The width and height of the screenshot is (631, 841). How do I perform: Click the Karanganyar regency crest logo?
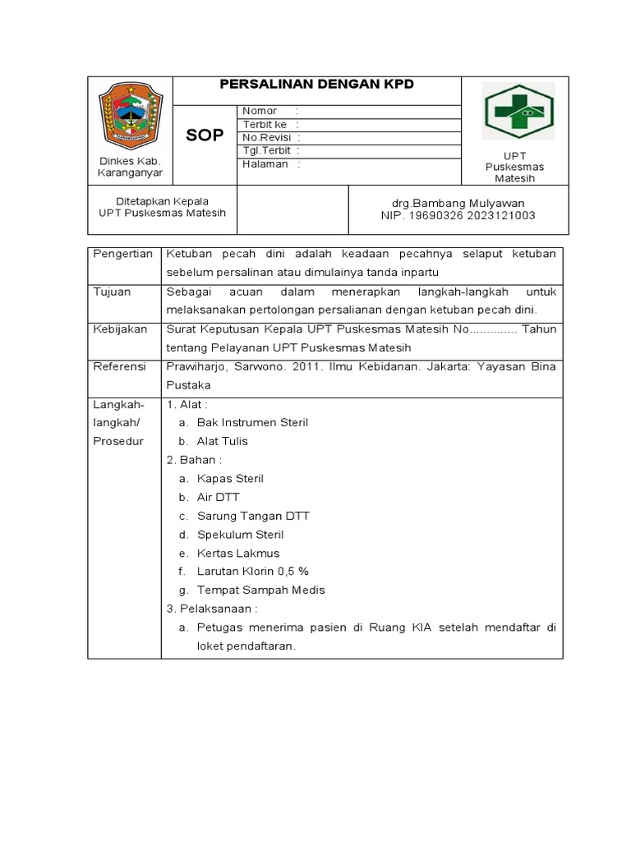click(130, 116)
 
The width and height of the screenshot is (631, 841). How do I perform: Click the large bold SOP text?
click(205, 136)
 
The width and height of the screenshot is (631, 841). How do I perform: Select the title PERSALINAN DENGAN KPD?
click(316, 85)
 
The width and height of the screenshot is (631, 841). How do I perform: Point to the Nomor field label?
click(260, 111)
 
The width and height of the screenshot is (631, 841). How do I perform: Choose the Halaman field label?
click(265, 163)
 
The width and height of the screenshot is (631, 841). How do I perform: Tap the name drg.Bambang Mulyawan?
click(458, 203)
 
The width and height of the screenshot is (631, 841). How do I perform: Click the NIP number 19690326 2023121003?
click(458, 215)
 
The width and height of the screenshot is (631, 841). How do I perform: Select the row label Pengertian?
click(123, 254)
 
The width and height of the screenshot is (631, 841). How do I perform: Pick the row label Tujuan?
click(111, 292)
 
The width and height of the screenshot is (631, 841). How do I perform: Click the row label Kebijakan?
click(120, 329)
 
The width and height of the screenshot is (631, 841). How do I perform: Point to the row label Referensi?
click(120, 365)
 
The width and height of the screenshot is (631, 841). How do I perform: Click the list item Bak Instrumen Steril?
click(252, 422)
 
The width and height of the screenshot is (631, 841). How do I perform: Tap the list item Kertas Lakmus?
click(238, 553)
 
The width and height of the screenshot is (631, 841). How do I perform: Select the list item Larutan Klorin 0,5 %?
click(252, 571)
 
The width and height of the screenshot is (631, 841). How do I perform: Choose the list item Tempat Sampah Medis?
click(261, 590)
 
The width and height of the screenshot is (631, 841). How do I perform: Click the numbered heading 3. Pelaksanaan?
click(213, 609)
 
